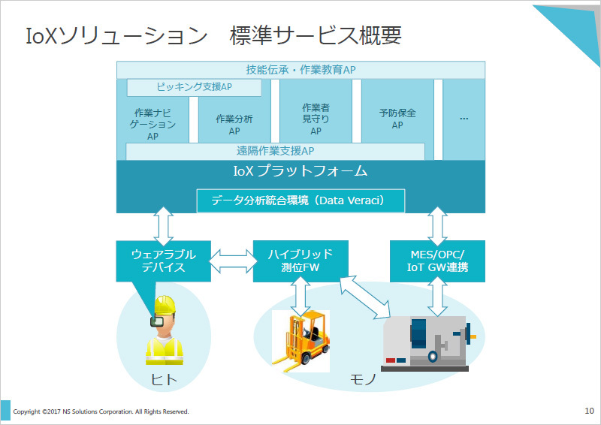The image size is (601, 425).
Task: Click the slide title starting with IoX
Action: [x=213, y=35]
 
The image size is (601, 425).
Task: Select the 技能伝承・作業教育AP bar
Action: [x=300, y=70]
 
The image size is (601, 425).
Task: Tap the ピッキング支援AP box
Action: [x=194, y=87]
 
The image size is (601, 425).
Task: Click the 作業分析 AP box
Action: [x=234, y=125]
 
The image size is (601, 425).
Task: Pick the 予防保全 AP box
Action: [x=397, y=119]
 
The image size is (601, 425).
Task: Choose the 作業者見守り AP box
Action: [x=316, y=119]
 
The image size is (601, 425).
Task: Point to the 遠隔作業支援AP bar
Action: [x=275, y=151]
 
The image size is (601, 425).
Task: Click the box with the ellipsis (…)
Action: [x=464, y=119]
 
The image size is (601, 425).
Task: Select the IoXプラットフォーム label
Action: [x=300, y=171]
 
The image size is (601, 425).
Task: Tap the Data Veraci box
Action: [x=300, y=200]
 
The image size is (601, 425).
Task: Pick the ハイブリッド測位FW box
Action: [x=300, y=261]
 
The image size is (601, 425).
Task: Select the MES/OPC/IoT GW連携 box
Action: [x=437, y=261]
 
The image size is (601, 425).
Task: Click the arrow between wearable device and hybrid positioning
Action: [x=231, y=261]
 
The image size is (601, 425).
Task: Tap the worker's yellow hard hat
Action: [x=164, y=304]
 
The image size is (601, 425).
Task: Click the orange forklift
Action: [x=300, y=340]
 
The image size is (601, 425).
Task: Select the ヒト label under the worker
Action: [x=164, y=380]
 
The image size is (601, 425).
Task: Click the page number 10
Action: [x=588, y=411]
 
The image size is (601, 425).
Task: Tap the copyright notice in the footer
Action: [x=101, y=411]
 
